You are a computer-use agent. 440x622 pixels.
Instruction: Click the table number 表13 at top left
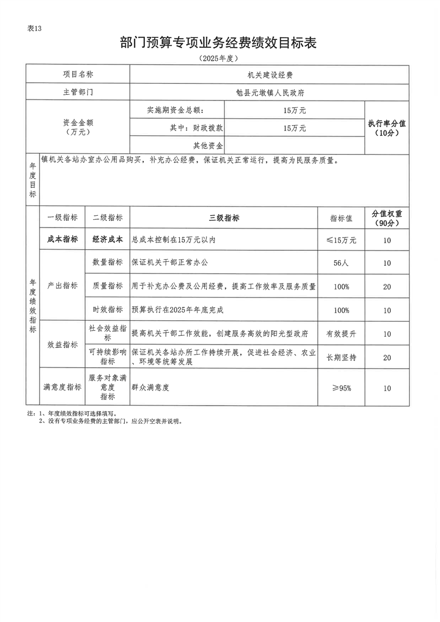[34, 29]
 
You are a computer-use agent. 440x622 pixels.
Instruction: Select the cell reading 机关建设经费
[270, 74]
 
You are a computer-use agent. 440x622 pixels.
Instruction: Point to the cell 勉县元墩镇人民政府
[270, 92]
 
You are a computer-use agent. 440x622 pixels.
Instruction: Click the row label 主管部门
[78, 92]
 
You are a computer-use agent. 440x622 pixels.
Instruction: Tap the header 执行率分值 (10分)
[387, 128]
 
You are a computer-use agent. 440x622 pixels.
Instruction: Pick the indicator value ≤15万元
[341, 240]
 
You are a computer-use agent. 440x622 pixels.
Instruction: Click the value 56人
[341, 263]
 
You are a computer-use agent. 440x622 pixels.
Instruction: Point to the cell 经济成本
[108, 240]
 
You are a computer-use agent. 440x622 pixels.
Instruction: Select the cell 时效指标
[108, 310]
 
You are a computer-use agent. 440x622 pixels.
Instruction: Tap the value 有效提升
[341, 334]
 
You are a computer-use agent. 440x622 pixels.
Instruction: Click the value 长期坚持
[341, 358]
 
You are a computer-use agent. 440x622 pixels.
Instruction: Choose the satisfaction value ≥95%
[341, 388]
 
